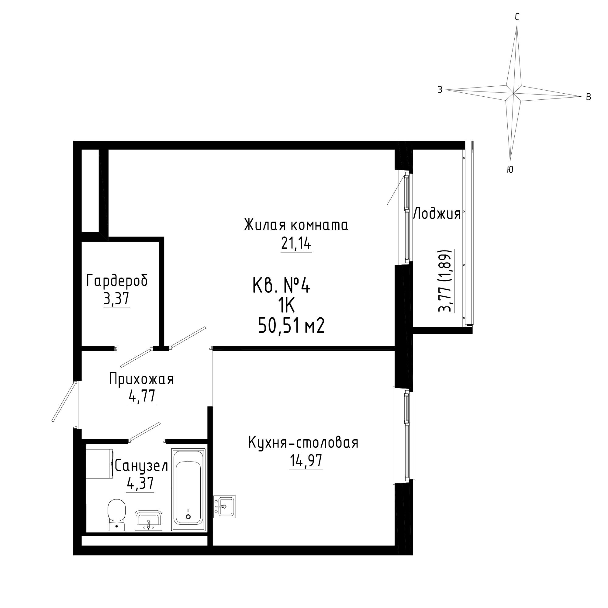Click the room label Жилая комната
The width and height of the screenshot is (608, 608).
tap(296, 225)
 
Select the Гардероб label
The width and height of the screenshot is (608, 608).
tap(117, 281)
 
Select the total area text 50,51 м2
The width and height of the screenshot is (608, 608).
tap(291, 326)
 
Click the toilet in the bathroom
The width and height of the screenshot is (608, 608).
tap(116, 515)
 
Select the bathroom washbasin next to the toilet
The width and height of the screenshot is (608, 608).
tap(149, 520)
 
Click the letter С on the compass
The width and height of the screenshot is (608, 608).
tap(517, 18)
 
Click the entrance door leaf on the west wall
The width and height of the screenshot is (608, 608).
tap(64, 402)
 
